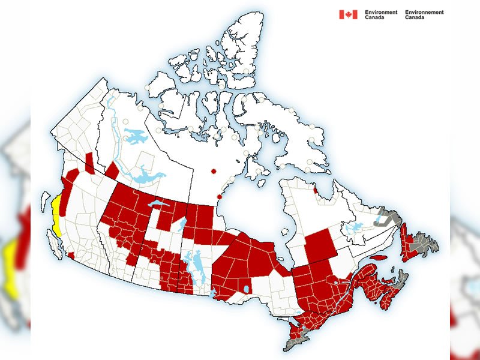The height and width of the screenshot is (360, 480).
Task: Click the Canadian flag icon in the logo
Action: point(348,14)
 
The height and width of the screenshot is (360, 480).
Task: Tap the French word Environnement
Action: point(425,11)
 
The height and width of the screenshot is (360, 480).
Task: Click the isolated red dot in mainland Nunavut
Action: point(212,172)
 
